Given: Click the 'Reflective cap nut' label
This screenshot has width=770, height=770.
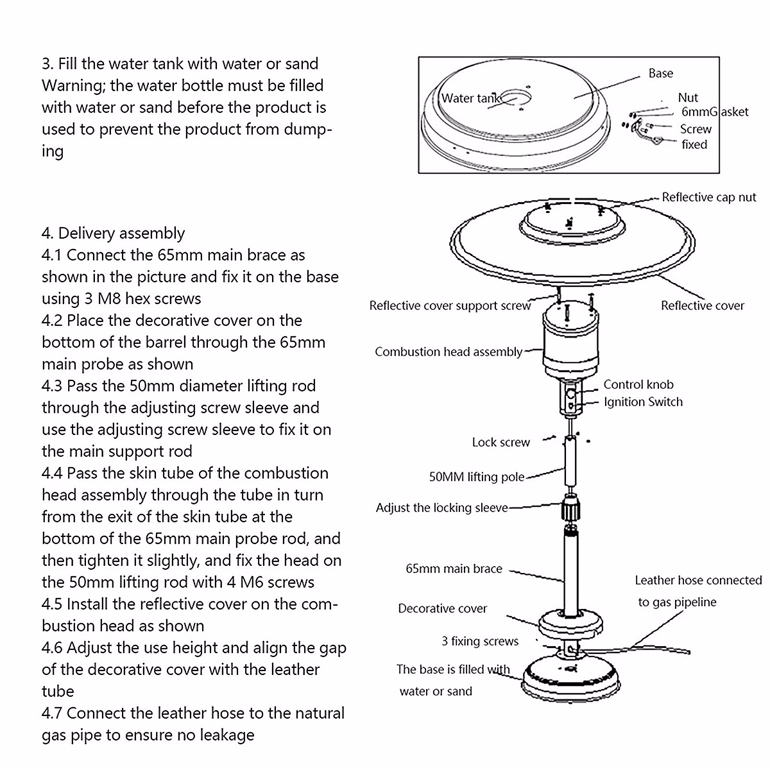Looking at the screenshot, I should tap(709, 197).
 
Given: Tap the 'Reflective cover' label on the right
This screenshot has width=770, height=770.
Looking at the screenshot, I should tap(702, 305).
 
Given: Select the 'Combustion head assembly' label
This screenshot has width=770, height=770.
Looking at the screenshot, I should tap(449, 352).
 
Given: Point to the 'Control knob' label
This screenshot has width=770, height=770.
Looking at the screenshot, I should tap(638, 384).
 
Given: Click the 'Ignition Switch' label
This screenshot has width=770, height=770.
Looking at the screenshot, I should tap(643, 402).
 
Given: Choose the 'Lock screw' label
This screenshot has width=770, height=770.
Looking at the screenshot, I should tap(501, 442).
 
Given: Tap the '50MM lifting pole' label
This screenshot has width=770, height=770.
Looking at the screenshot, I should tap(476, 477).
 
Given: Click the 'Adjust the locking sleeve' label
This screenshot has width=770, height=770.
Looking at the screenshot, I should tap(441, 508).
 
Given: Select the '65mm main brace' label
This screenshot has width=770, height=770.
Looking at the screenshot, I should tap(454, 569).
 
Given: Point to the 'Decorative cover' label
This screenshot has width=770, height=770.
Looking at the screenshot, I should tap(442, 608).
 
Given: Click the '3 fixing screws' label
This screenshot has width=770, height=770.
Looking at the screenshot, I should tap(480, 641).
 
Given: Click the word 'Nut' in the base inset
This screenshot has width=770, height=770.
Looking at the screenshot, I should tap(687, 98).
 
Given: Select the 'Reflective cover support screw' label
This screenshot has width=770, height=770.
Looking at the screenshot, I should tap(450, 305).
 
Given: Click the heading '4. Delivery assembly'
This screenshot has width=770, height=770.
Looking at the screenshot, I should tap(113, 233).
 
